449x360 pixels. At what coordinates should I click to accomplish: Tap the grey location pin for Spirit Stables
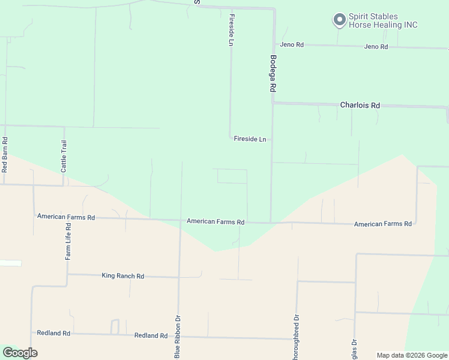click(x=339, y=20)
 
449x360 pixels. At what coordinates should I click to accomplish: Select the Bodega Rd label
click(x=273, y=73)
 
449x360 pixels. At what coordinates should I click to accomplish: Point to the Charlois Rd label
click(x=360, y=105)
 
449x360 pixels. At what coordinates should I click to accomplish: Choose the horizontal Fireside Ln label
click(x=250, y=139)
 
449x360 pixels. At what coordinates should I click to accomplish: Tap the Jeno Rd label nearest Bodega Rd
click(x=292, y=45)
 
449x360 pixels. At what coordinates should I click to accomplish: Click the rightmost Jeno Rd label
click(x=376, y=46)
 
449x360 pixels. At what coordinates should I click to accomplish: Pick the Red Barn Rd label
click(x=5, y=157)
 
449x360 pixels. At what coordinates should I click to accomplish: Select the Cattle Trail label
click(x=64, y=156)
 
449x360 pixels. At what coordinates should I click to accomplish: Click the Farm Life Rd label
click(x=68, y=242)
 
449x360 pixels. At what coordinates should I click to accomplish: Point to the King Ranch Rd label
click(x=123, y=276)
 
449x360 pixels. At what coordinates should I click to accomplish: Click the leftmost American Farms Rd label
click(x=66, y=217)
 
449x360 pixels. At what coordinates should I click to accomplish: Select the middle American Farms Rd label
click(x=215, y=221)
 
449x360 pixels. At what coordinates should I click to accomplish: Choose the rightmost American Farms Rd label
click(x=383, y=224)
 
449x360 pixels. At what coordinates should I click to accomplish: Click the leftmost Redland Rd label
click(x=53, y=333)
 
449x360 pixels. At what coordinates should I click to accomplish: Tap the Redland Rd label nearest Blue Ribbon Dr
click(x=151, y=335)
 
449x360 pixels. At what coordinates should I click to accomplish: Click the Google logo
click(x=20, y=353)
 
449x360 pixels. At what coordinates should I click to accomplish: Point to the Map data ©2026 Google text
click(x=411, y=355)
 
